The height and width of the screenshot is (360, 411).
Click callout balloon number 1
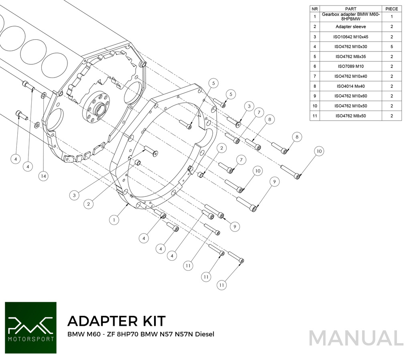pos(114,220)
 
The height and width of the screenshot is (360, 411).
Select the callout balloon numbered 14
pos(43,176)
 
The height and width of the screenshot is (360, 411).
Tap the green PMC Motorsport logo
pos(31,327)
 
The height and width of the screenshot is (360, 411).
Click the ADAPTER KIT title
pos(116,321)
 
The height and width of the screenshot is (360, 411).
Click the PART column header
pos(351,8)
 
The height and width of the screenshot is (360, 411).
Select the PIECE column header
pos(391,8)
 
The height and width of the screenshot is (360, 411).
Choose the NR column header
pos(315,8)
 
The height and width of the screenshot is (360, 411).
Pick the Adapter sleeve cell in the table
pos(351,27)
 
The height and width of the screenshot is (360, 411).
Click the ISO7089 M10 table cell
pos(351,66)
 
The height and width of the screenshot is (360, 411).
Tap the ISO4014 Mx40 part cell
pos(351,86)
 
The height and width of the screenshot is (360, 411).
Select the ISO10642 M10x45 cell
pos(351,37)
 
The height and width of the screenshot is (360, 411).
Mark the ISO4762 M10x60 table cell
pos(351,96)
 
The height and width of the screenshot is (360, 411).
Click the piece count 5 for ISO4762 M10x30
pos(391,47)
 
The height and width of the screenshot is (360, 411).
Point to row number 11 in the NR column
pos(315,116)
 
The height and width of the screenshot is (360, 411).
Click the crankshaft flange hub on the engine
pos(98,108)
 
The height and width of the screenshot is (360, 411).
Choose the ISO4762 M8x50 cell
pos(351,116)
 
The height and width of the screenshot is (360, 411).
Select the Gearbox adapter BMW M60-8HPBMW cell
pos(351,16)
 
